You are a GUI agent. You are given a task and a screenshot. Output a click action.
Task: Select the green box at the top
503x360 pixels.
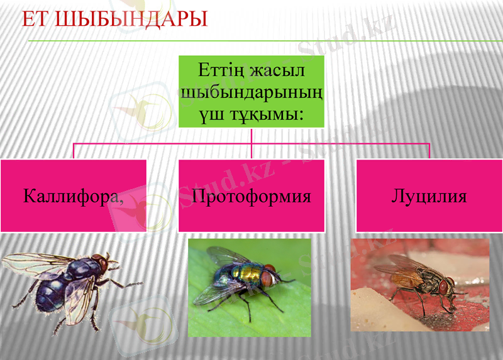(x=251, y=91)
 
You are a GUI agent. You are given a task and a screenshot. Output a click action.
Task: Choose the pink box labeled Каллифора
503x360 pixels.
(x=74, y=195)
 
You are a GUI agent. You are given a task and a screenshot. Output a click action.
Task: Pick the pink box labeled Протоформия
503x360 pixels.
(x=251, y=195)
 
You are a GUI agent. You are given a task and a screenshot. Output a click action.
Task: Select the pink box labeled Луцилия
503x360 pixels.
(x=429, y=195)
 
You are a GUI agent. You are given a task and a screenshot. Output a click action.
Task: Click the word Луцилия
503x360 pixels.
(x=429, y=195)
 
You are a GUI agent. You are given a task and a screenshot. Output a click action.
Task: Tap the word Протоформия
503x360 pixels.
(x=251, y=195)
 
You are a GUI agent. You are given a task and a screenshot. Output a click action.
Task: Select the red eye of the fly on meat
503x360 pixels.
(x=445, y=286)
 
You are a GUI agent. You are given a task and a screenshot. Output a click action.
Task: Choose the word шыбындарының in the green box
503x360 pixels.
(x=251, y=91)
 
